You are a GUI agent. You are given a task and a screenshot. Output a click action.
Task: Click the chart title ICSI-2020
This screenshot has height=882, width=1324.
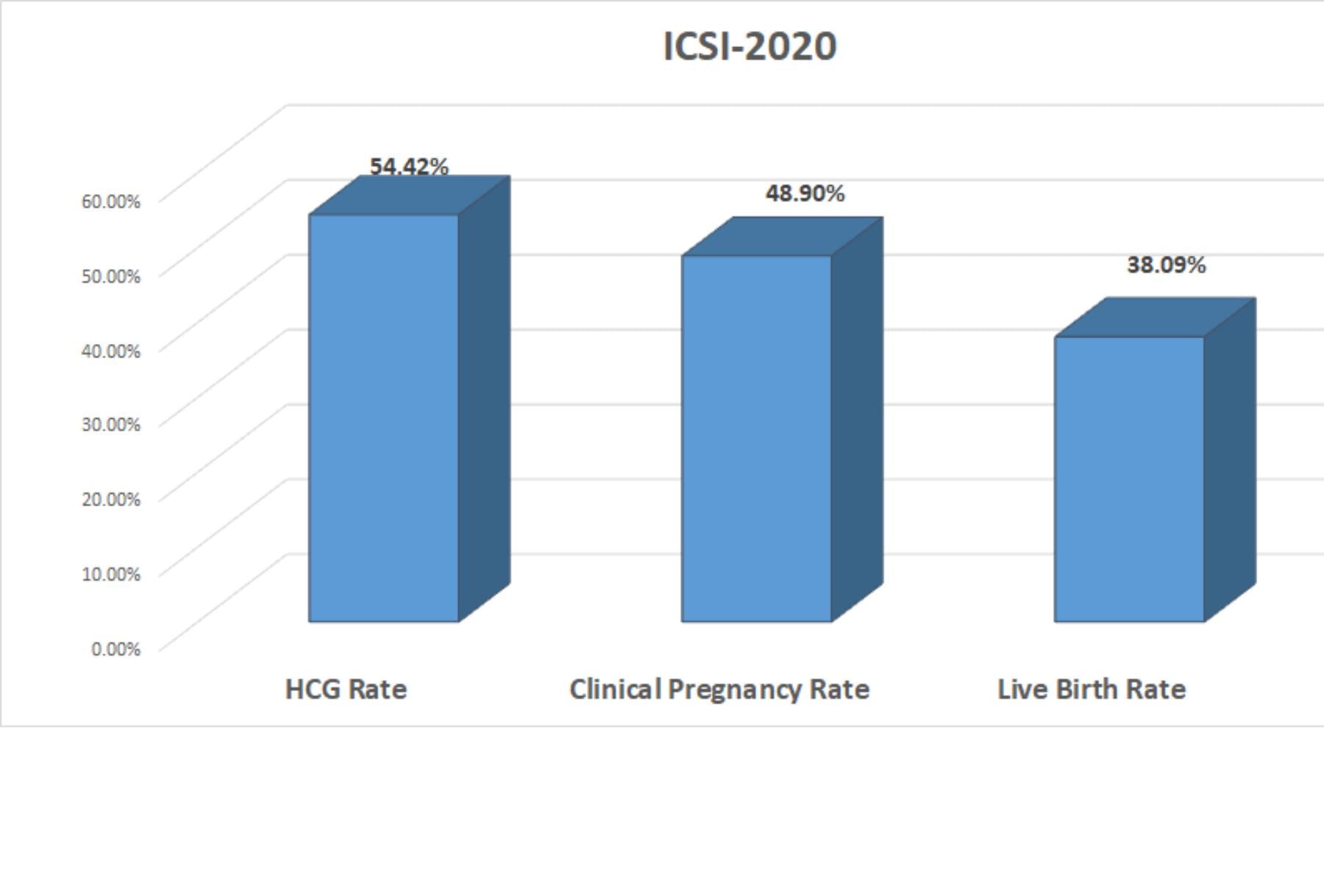click(x=750, y=46)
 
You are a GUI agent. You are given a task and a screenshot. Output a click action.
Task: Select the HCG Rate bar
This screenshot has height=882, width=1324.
click(x=383, y=417)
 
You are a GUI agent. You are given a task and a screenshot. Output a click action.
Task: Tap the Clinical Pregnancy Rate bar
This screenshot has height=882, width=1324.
click(x=756, y=438)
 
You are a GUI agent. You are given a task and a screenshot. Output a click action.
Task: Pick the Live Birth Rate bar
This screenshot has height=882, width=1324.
click(x=1129, y=479)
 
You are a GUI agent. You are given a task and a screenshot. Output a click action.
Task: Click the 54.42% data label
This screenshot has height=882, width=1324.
click(x=408, y=167)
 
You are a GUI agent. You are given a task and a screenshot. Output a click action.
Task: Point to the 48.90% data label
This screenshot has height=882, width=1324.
click(x=805, y=193)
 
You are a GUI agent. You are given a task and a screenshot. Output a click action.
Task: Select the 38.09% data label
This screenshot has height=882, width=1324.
click(x=1166, y=265)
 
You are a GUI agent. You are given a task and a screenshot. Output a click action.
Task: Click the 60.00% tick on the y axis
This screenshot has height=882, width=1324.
click(x=111, y=201)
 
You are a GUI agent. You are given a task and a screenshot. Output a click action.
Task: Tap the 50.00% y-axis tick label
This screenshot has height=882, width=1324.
click(x=111, y=276)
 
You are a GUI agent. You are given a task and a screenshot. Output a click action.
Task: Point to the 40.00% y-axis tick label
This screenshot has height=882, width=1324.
click(x=111, y=351)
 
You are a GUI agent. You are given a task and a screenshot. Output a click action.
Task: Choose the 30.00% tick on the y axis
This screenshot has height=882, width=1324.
click(x=111, y=424)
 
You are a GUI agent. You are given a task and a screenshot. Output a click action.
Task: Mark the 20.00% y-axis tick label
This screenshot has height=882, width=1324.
click(x=111, y=499)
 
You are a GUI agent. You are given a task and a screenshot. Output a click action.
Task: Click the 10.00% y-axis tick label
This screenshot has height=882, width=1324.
click(x=111, y=574)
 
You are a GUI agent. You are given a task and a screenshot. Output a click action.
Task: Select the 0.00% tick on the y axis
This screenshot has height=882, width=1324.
click(x=115, y=649)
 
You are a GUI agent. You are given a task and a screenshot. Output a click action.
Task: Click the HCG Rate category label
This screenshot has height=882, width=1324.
click(x=346, y=689)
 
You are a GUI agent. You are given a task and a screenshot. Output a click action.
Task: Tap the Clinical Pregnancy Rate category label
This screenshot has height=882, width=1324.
click(x=719, y=689)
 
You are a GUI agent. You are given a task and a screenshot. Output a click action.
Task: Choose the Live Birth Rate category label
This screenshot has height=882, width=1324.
click(x=1092, y=689)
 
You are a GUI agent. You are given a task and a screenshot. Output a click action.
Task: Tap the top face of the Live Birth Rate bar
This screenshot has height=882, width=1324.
click(x=1155, y=318)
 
